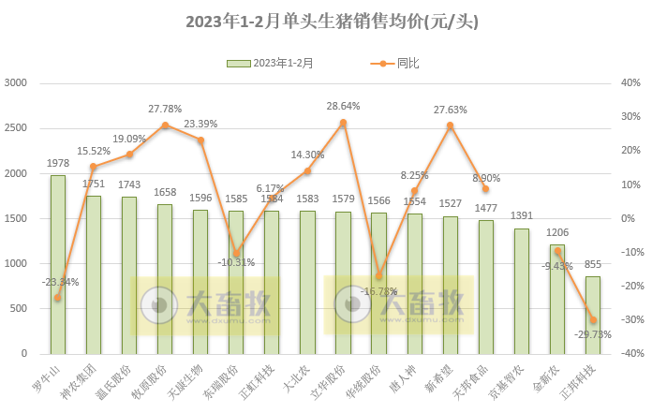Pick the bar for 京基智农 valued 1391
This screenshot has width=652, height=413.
522,291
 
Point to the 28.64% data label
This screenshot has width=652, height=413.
343,107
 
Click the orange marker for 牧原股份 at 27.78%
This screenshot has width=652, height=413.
165,125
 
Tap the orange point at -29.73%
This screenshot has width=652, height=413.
593,320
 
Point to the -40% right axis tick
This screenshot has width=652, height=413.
629,354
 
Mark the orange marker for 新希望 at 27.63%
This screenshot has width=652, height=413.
451,125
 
